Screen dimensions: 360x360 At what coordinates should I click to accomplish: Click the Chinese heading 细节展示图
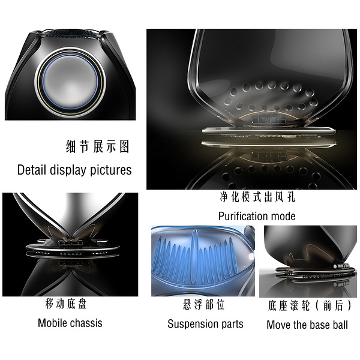(x=97, y=146)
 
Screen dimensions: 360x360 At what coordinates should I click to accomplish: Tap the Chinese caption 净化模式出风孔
(x=257, y=197)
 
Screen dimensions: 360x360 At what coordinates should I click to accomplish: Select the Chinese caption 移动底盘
(x=65, y=304)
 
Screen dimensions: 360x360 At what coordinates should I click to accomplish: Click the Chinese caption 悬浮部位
(x=203, y=304)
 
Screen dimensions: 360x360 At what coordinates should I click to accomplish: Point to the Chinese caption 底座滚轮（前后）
(x=309, y=305)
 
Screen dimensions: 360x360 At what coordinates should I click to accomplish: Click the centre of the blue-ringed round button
(x=70, y=82)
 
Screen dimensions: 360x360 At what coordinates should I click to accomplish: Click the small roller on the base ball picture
(x=340, y=266)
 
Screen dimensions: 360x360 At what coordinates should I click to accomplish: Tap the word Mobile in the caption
(x=53, y=323)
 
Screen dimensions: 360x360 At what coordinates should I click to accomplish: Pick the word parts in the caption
(x=232, y=325)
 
